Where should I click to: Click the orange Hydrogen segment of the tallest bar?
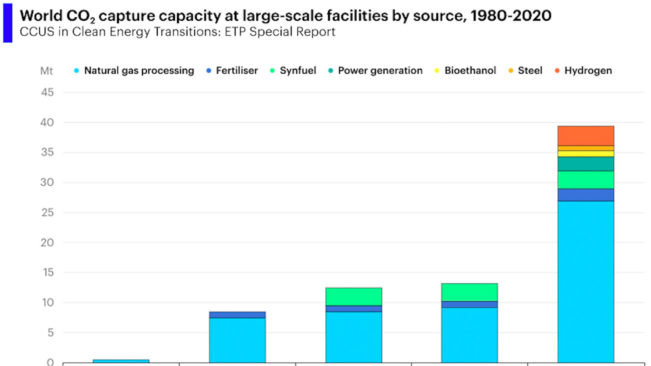pyautogui.click(x=586, y=136)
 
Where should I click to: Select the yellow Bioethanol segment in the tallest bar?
pyautogui.click(x=586, y=154)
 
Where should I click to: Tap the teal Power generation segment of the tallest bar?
pyautogui.click(x=586, y=164)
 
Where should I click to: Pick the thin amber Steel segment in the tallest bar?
pyautogui.click(x=586, y=148)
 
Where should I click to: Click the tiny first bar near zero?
pyautogui.click(x=121, y=361)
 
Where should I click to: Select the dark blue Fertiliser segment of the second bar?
pyautogui.click(x=237, y=315)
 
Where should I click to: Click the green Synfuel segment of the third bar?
pyautogui.click(x=354, y=297)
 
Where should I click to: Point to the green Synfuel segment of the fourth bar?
pyautogui.click(x=469, y=292)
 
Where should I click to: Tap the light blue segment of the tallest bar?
pyautogui.click(x=586, y=281)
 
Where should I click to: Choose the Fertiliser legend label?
pyautogui.click(x=237, y=70)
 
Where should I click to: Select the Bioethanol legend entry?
pyautogui.click(x=470, y=70)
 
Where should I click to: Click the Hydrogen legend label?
pyautogui.click(x=588, y=70)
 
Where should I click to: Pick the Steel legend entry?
pyautogui.click(x=530, y=70)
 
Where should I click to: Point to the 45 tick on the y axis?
pyautogui.click(x=47, y=92)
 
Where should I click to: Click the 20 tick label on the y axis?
pyautogui.click(x=47, y=243)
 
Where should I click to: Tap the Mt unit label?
pyautogui.click(x=46, y=71)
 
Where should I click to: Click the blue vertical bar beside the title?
pyautogui.click(x=8, y=23)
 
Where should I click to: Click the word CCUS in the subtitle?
pyautogui.click(x=37, y=32)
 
